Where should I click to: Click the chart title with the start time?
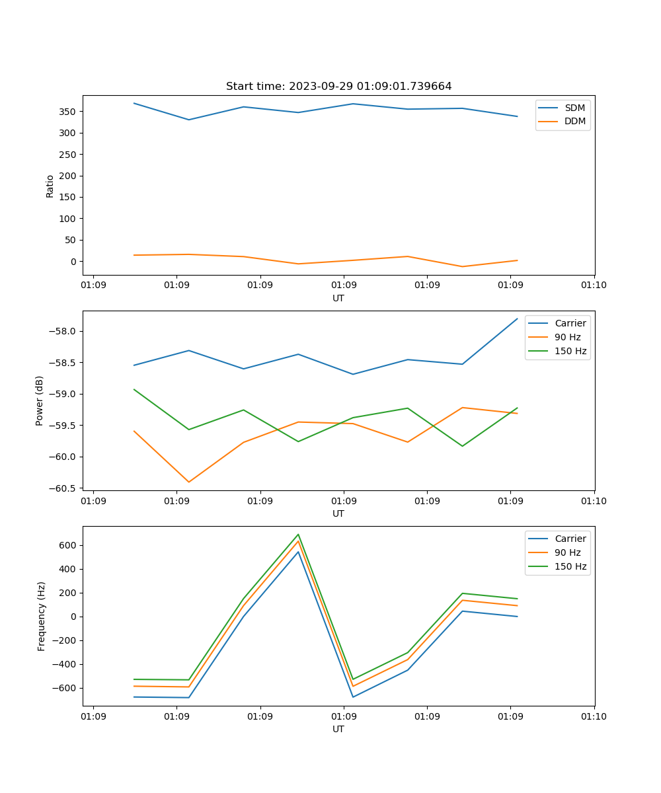[338, 87]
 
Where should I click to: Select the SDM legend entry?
[574, 108]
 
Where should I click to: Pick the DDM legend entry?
[574, 121]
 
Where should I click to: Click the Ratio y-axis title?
[50, 186]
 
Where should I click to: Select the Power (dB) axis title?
[40, 400]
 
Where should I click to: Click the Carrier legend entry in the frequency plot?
[570, 539]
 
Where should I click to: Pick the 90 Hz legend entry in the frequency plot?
[568, 552]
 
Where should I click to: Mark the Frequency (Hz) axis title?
[42, 616]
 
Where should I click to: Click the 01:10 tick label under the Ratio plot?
[594, 285]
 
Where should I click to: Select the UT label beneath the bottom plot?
[338, 729]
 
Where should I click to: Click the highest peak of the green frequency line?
[298, 535]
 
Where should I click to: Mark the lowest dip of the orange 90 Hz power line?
[189, 482]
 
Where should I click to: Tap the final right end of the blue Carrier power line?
[517, 319]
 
